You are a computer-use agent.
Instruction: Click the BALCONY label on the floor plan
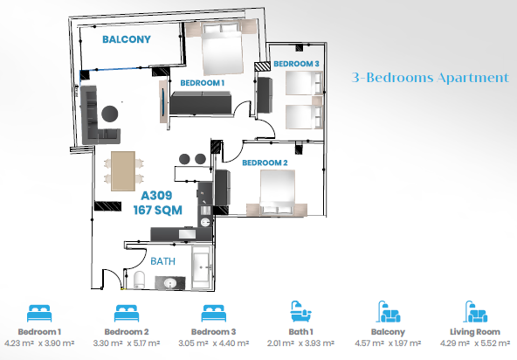click(x=127, y=39)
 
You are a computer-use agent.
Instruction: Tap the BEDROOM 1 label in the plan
click(x=202, y=83)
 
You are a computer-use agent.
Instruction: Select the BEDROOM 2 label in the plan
click(x=265, y=163)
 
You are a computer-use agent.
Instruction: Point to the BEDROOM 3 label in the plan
click(x=296, y=64)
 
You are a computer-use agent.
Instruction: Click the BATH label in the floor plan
click(x=163, y=261)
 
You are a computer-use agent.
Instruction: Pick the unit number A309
click(x=156, y=196)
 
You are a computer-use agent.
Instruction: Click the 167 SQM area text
click(x=157, y=211)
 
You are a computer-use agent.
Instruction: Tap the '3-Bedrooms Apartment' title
click(x=431, y=78)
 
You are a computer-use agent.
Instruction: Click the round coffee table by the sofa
click(x=110, y=114)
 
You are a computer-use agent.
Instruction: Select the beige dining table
click(x=123, y=171)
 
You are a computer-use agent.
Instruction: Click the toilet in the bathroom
click(x=140, y=280)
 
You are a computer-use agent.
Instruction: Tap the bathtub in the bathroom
click(x=201, y=267)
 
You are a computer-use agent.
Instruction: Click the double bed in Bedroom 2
click(x=278, y=193)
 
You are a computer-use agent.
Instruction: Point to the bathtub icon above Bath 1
click(x=300, y=311)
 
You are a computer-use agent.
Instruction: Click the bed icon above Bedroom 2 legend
click(x=127, y=313)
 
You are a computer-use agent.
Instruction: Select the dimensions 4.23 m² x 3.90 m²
click(x=39, y=343)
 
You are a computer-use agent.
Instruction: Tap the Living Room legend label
click(x=475, y=332)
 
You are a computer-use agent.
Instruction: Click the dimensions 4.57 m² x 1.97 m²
click(x=388, y=343)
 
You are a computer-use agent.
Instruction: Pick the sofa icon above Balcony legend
click(x=389, y=311)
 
